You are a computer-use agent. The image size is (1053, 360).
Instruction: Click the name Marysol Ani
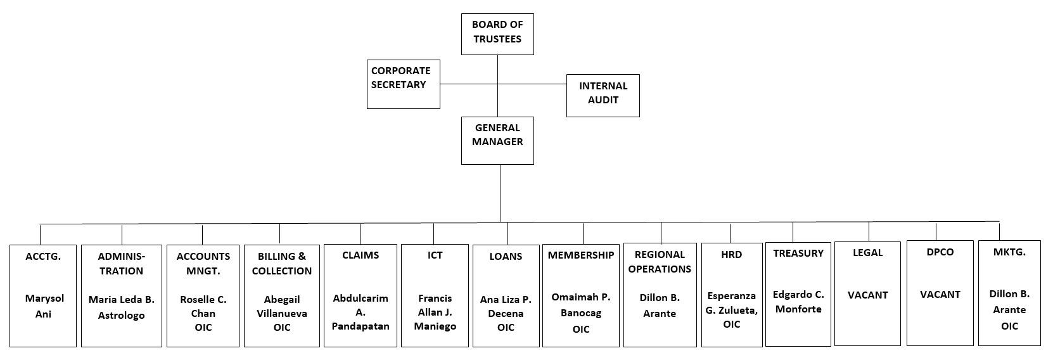44,306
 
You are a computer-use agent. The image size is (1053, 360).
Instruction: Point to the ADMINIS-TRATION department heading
121,264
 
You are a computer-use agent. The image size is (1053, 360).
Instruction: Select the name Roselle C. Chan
203,306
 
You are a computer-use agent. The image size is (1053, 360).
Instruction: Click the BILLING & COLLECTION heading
282,264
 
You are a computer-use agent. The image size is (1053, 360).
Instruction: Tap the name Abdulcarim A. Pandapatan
361,312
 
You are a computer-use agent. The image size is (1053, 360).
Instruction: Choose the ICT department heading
435,255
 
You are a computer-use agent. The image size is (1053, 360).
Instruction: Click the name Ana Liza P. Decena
506,306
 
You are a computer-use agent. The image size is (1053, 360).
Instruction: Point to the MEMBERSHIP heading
581,255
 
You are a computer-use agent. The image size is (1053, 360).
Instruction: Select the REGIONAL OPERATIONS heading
660,262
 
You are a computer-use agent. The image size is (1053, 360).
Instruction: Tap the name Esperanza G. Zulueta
731,303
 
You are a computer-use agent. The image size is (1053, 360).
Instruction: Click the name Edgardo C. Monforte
798,302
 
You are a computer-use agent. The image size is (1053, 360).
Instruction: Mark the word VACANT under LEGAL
867,295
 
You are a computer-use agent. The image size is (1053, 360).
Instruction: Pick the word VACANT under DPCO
940,294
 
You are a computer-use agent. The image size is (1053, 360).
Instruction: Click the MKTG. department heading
1009,252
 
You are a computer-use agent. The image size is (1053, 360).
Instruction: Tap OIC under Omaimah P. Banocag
580,329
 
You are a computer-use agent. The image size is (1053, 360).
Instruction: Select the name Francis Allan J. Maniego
435,312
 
